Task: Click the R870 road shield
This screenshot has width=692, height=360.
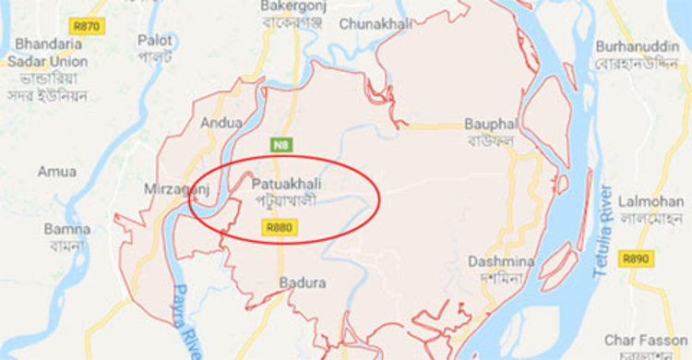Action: coord(88,26)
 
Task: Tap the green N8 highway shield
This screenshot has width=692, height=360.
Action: coord(280,145)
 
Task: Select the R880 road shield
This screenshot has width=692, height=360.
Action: coord(279,226)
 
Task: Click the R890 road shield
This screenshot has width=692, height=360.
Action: coord(638,259)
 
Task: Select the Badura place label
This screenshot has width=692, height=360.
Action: coord(303,283)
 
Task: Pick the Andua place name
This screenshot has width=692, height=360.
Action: coord(221,122)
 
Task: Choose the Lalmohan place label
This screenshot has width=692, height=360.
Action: coord(651,200)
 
